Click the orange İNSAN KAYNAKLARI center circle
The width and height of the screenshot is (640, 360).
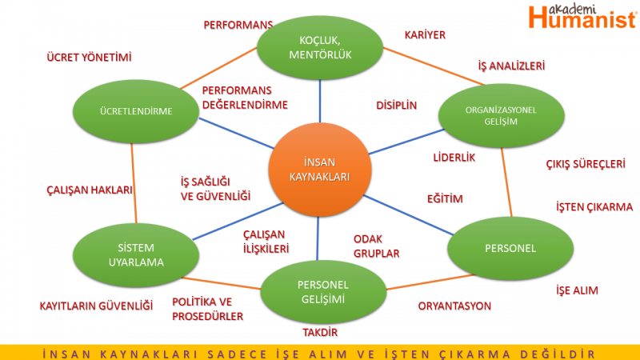coord(320,170)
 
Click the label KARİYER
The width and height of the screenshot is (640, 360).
coord(425,35)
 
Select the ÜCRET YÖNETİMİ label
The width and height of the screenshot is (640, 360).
coord(89,58)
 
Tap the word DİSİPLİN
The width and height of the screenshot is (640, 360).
coord(397,105)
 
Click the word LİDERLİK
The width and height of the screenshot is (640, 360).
coord(454,158)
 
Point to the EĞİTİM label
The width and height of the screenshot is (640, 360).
coord(445,198)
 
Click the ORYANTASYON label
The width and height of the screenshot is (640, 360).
coord(454,306)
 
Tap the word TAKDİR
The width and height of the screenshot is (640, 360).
coord(320,332)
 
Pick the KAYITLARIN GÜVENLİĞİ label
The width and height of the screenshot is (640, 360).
coord(95,306)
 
